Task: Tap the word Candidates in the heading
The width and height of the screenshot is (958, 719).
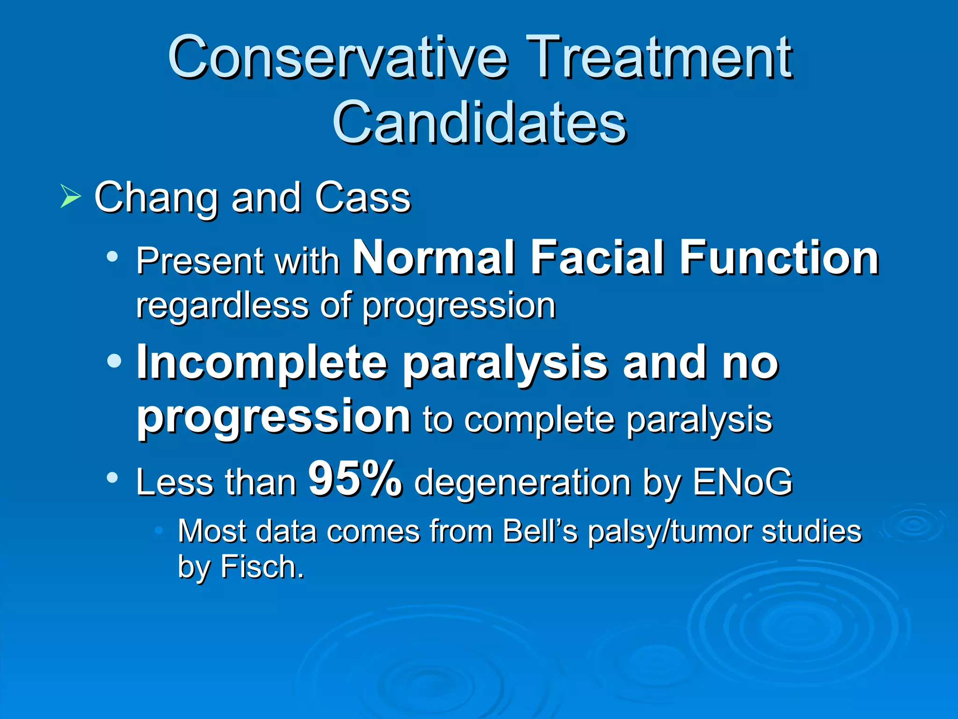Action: [479, 123]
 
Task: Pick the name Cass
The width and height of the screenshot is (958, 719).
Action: [363, 198]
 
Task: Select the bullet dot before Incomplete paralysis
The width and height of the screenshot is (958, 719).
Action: [114, 361]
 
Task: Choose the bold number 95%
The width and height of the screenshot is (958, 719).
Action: [355, 478]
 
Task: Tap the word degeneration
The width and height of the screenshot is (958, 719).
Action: [523, 482]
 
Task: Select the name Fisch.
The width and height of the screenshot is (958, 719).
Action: [261, 567]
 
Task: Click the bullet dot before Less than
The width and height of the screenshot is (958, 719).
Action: [112, 477]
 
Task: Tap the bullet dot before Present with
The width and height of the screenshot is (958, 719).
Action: [112, 256]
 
